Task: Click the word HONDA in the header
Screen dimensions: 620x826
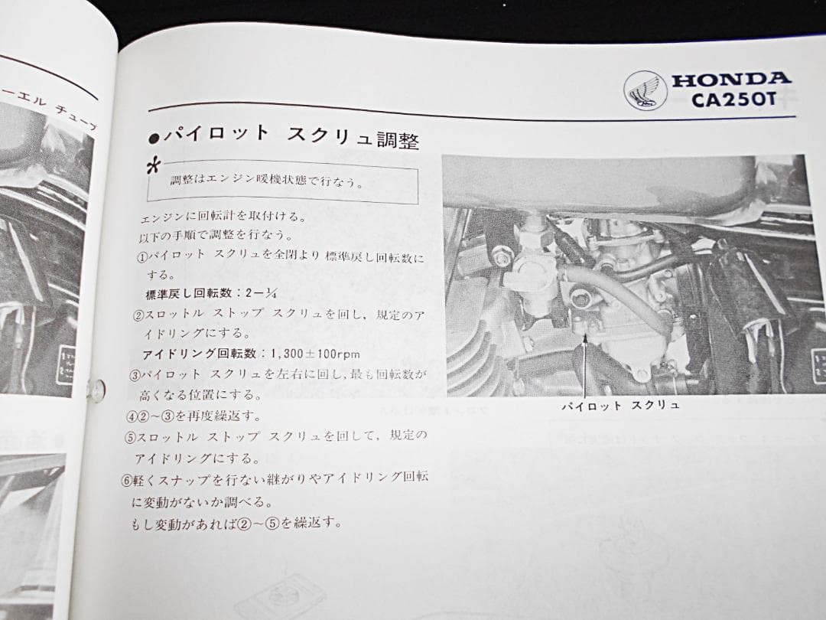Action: click(x=730, y=78)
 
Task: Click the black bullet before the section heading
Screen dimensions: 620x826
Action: click(x=153, y=138)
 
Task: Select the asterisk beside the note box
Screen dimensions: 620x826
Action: click(x=156, y=166)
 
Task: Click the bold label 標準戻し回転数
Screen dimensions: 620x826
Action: click(x=187, y=293)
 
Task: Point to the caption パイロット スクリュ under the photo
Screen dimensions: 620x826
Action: click(x=619, y=406)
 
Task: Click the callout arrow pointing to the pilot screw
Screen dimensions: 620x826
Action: click(x=584, y=360)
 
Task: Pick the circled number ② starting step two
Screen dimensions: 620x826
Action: click(x=138, y=315)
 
